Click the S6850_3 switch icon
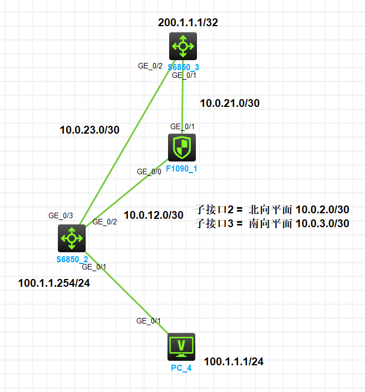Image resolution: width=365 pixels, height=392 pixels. click(183, 46)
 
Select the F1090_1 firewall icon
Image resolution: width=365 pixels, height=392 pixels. click(182, 148)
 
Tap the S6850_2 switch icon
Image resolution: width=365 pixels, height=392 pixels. click(72, 238)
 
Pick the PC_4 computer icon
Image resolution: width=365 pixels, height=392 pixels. click(181, 347)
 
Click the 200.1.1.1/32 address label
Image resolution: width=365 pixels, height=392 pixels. click(184, 23)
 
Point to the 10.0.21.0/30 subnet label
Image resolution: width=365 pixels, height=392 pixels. click(230, 102)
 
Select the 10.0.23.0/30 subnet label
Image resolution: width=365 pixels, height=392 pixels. click(90, 130)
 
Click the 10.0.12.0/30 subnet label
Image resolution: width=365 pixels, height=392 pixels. click(154, 215)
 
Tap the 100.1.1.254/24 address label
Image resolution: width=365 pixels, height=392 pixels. click(54, 283)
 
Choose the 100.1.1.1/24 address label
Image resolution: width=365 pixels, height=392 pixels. click(234, 362)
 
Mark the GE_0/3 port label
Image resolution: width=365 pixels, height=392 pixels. click(61, 215)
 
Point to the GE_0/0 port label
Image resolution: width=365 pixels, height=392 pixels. click(149, 171)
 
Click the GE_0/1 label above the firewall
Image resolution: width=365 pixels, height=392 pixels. click(182, 126)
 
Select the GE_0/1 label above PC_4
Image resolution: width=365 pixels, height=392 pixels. click(149, 321)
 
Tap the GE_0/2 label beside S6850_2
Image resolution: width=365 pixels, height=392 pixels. click(105, 222)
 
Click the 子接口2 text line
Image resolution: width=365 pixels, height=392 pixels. click(272, 210)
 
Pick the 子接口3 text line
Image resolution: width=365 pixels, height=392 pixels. click(272, 224)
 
